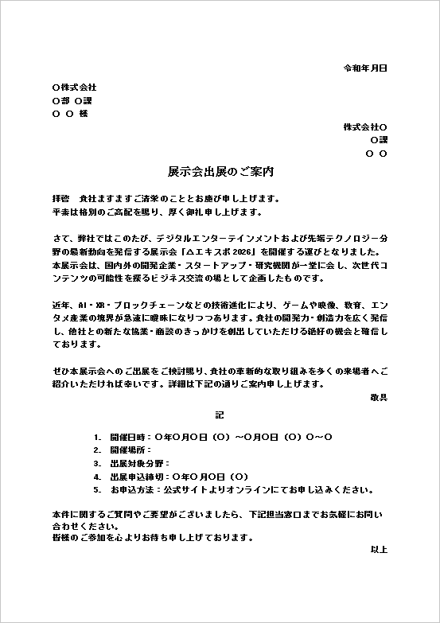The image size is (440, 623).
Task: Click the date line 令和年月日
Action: (364, 68)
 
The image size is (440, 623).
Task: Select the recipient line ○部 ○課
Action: (72, 100)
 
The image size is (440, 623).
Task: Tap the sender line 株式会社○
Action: (365, 127)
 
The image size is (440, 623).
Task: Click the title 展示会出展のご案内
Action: (220, 172)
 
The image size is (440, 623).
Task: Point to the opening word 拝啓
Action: (61, 197)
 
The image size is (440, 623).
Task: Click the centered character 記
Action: (220, 415)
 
